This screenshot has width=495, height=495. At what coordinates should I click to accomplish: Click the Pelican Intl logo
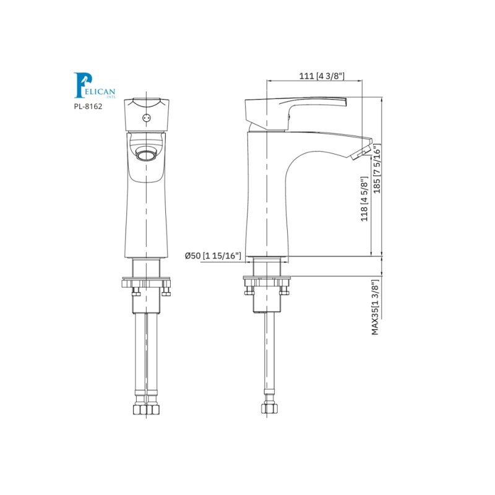[93, 85]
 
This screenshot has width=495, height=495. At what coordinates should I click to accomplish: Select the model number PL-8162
[88, 106]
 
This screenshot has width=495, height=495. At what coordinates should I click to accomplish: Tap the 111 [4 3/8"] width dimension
[322, 75]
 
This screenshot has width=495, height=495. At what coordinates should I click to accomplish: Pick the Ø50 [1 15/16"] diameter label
[213, 256]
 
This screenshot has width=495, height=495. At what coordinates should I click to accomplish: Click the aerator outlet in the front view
[146, 153]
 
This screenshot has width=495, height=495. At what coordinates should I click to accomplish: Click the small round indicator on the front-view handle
[147, 118]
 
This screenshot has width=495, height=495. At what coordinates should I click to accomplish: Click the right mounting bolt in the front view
[166, 291]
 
